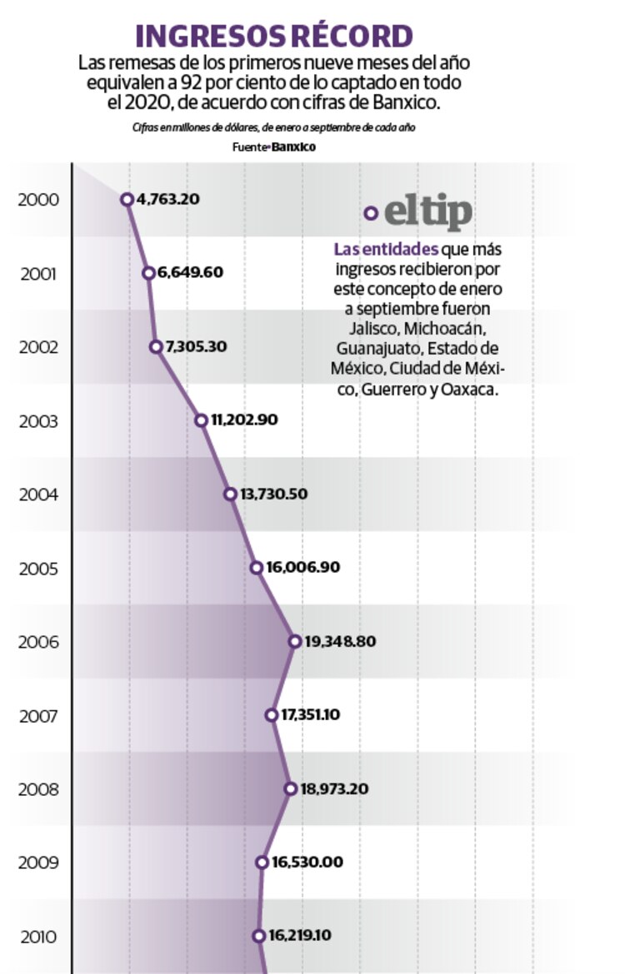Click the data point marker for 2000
(x=127, y=199)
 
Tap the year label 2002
(x=38, y=347)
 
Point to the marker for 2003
(x=201, y=420)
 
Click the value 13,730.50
(x=274, y=494)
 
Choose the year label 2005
(x=38, y=569)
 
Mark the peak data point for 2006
(x=295, y=641)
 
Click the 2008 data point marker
(x=290, y=788)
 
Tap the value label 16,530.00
(x=306, y=862)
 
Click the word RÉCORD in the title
(x=351, y=37)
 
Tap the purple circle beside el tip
(x=371, y=214)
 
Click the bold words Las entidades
(x=386, y=249)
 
